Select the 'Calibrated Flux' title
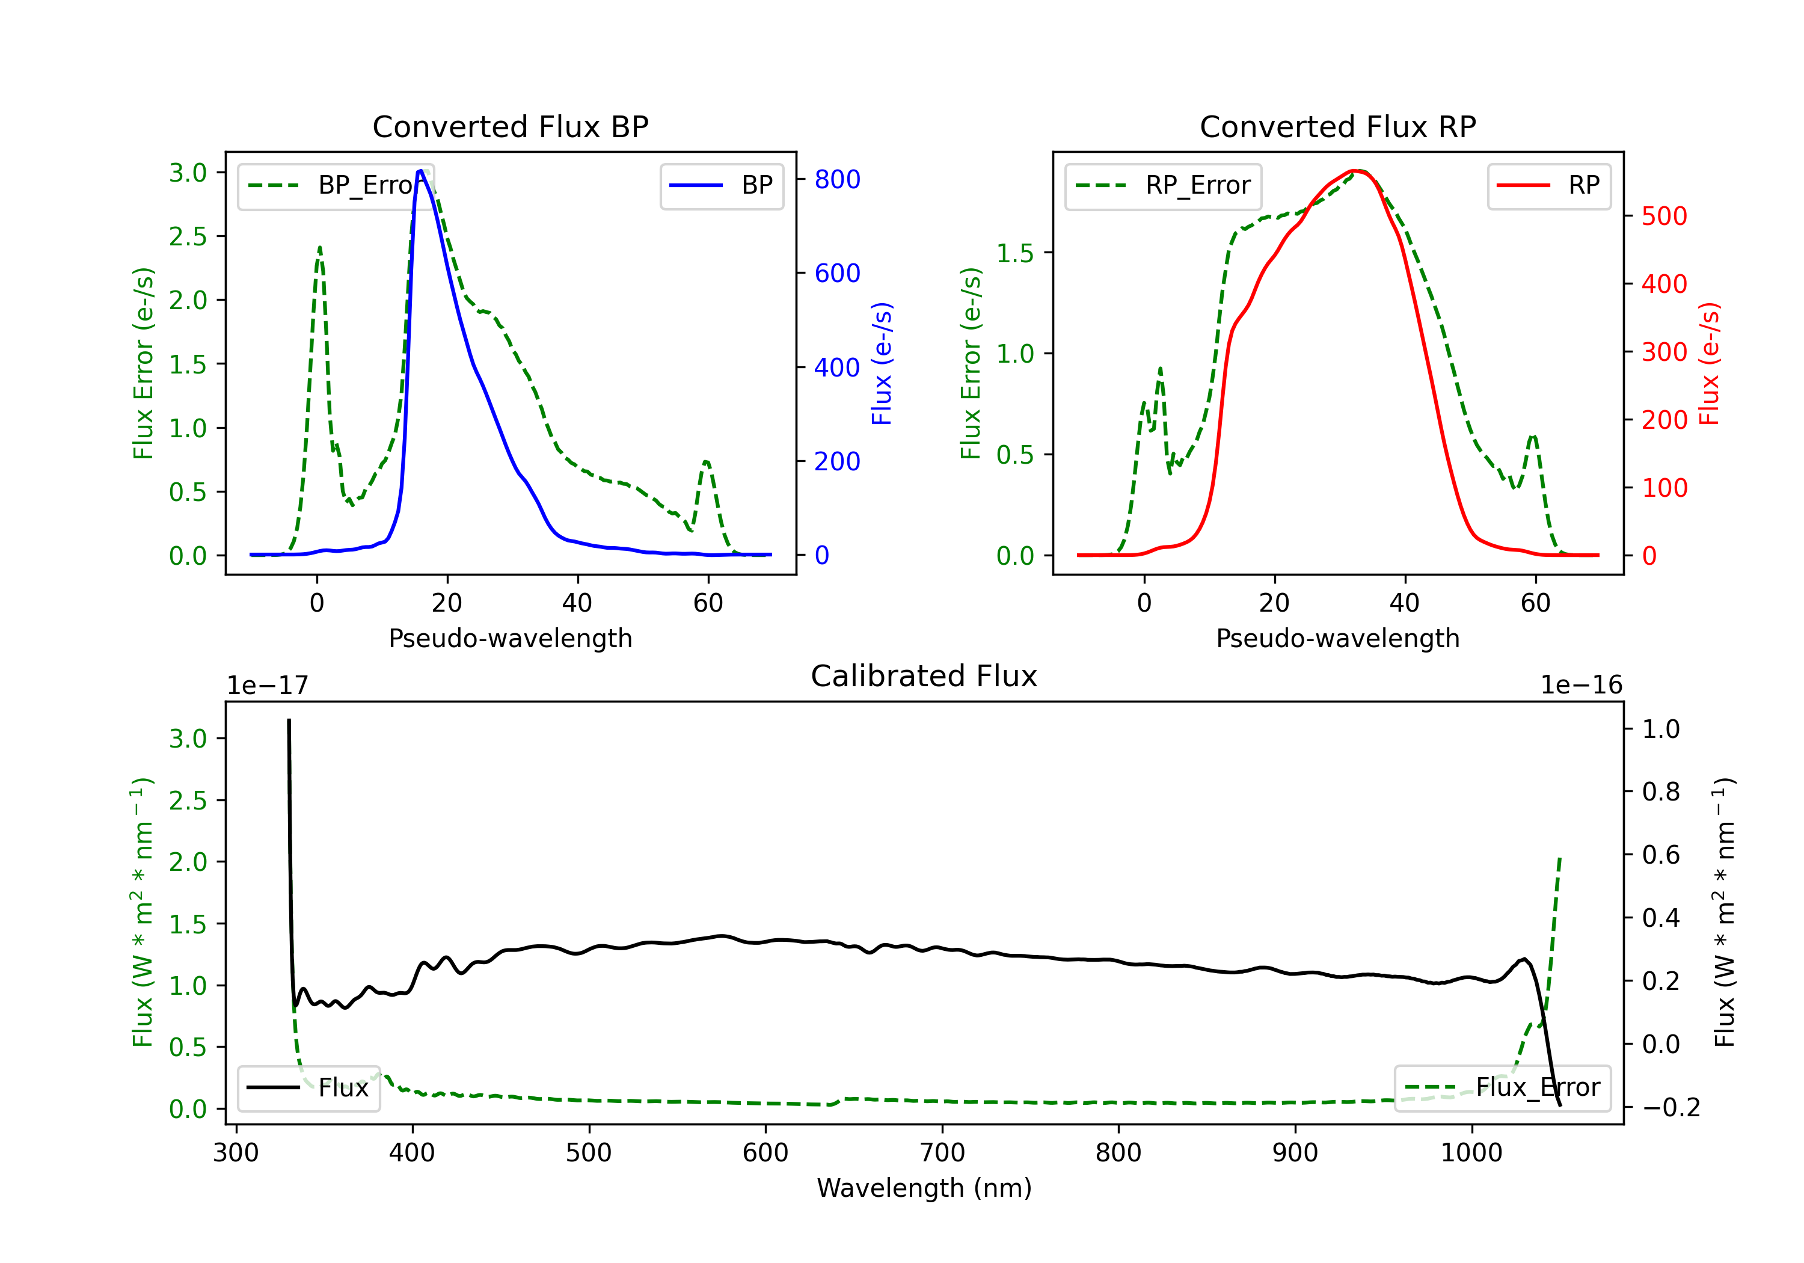click(x=924, y=677)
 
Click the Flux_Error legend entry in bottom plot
click(x=1502, y=1088)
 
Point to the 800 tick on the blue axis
click(x=837, y=180)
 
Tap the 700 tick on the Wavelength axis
click(x=942, y=1153)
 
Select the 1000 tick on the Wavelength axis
click(x=1471, y=1153)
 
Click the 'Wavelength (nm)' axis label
click(x=924, y=1188)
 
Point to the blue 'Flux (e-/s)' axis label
click(x=882, y=364)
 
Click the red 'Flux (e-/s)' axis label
click(x=1709, y=364)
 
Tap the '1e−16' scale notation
click(x=1581, y=686)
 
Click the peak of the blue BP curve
click(x=420, y=171)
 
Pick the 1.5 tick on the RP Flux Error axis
click(x=1015, y=254)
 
